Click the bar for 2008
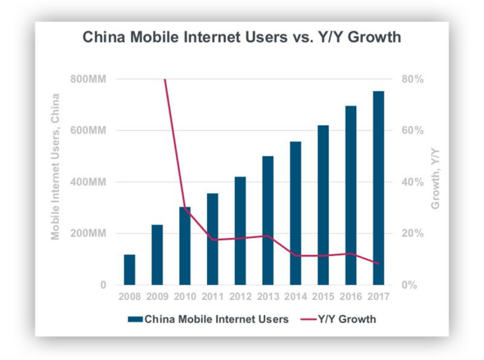pos(129,270)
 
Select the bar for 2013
pos(267,221)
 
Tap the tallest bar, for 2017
pos(378,188)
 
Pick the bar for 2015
pos(322,205)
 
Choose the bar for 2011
pos(212,239)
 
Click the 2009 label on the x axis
pos(157,297)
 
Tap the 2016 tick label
pos(350,297)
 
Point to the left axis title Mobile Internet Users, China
pos(56,167)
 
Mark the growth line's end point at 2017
pos(378,264)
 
